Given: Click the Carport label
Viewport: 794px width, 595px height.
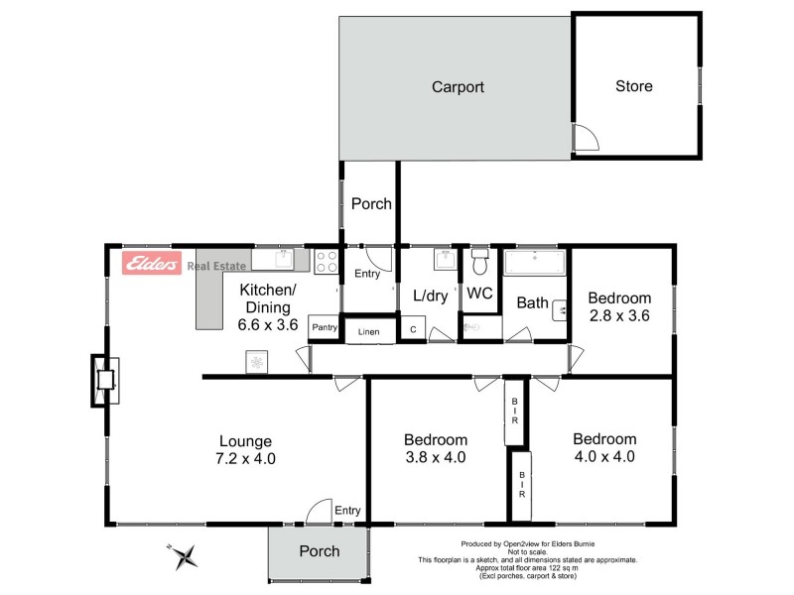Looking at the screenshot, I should (x=458, y=87).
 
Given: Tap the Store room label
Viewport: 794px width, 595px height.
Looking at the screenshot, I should (x=633, y=86).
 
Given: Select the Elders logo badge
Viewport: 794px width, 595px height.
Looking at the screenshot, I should (x=151, y=264).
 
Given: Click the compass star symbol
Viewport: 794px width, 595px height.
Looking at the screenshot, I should (x=184, y=556).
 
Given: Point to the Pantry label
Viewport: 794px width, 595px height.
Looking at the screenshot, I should (x=325, y=327).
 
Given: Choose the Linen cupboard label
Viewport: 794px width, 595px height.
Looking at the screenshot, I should (x=368, y=330).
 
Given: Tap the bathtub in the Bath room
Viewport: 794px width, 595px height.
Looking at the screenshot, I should (x=534, y=264).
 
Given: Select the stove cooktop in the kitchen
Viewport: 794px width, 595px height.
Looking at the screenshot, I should (x=327, y=262).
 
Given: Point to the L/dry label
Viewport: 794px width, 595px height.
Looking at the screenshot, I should (x=431, y=295).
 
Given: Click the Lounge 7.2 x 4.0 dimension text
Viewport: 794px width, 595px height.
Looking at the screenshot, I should (x=246, y=458).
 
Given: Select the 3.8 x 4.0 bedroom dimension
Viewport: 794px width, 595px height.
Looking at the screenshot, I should (x=435, y=457).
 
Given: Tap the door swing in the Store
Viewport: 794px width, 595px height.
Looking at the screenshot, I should (x=586, y=138).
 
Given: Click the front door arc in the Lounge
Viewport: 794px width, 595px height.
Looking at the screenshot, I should (x=319, y=511).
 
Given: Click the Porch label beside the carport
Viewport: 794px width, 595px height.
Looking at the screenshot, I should (x=371, y=204).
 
